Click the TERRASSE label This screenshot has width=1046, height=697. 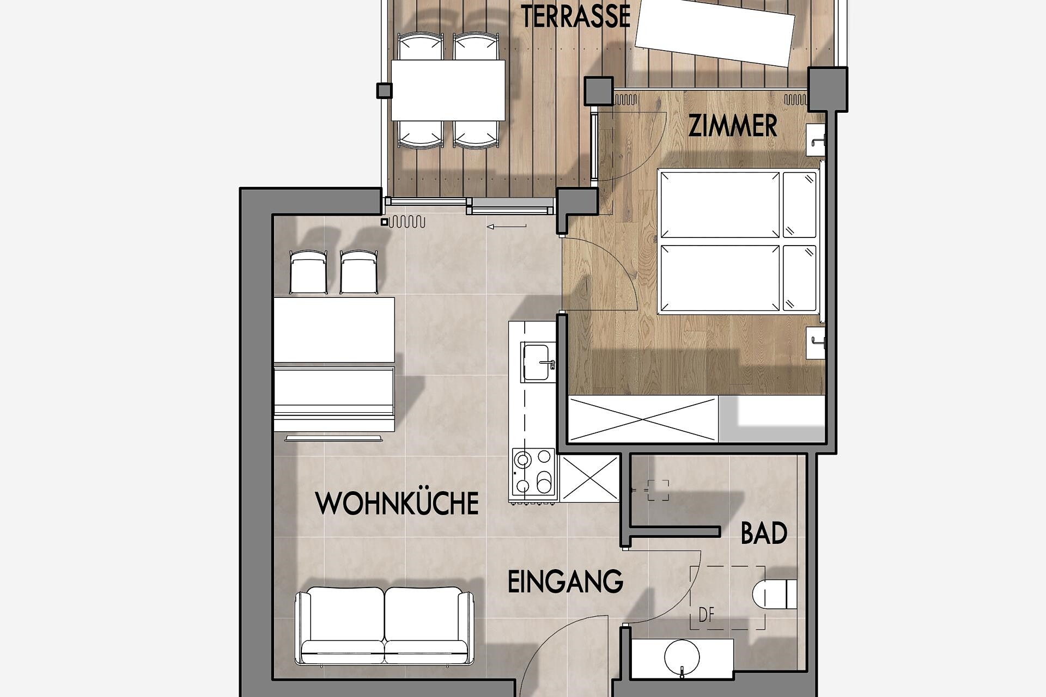[x=575, y=16]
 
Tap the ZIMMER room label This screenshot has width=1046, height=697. [x=733, y=126]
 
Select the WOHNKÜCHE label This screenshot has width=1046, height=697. [x=397, y=503]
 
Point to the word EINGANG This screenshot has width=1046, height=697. [x=565, y=582]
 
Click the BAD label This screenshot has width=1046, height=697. [x=764, y=533]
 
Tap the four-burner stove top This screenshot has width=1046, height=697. [x=534, y=472]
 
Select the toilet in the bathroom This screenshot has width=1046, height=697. [x=774, y=594]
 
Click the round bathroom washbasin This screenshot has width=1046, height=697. [x=682, y=657]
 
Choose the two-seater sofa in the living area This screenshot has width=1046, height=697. [x=384, y=626]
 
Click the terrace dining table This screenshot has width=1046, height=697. [x=448, y=90]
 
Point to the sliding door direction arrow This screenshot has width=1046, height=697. [x=507, y=227]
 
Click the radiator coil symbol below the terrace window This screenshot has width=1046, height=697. [x=406, y=222]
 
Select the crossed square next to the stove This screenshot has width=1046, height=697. [x=589, y=479]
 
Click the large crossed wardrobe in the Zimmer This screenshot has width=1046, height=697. [x=643, y=419]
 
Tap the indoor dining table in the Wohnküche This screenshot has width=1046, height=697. [x=334, y=329]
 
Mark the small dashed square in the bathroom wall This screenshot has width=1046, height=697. [x=658, y=490]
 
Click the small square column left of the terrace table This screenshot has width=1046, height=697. [x=384, y=90]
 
